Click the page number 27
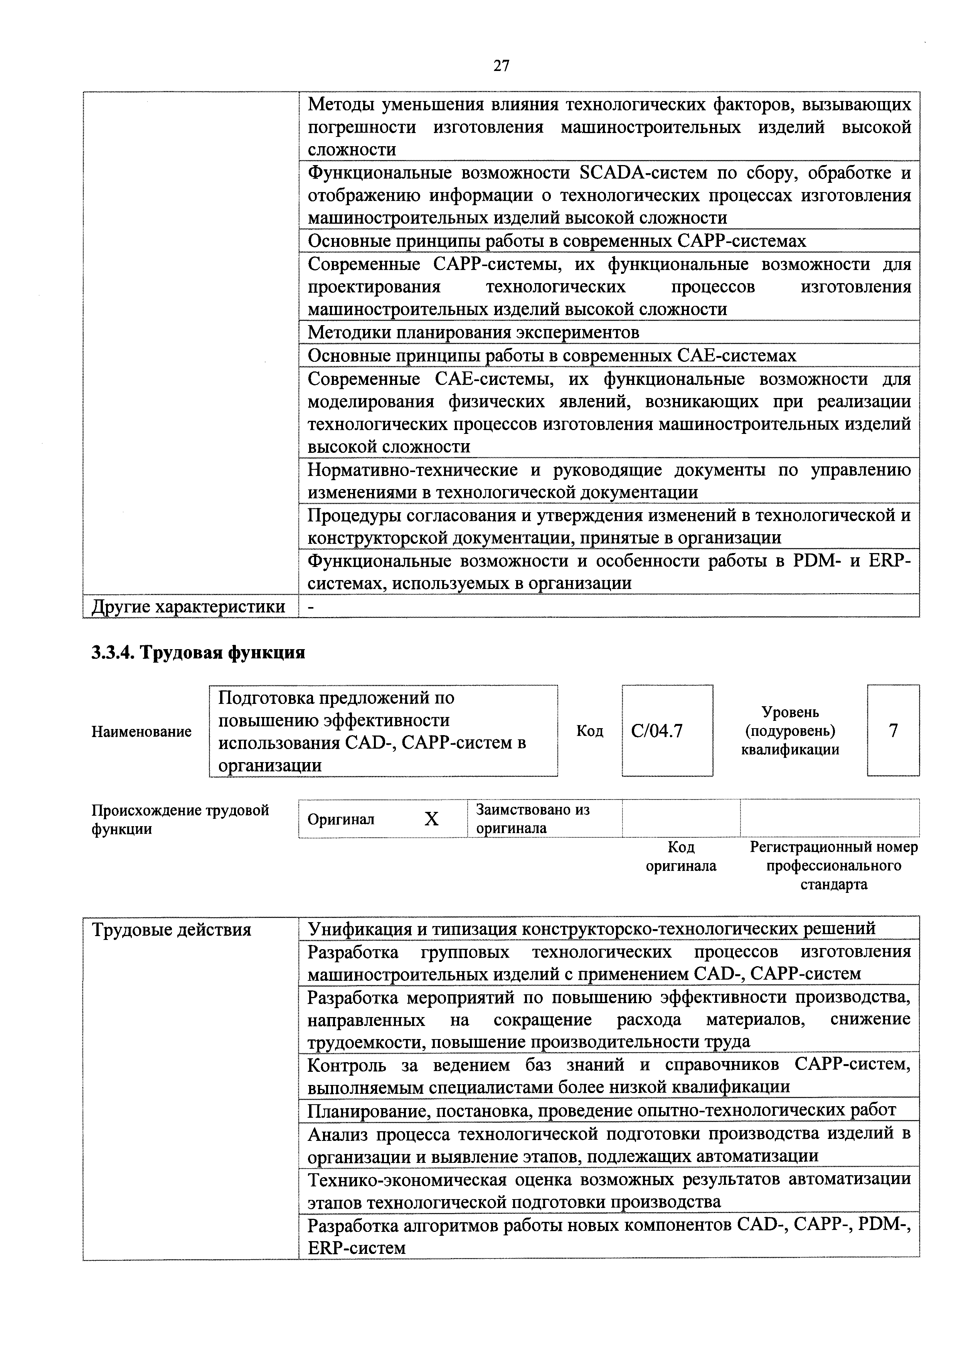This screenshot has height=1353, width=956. pos(501,66)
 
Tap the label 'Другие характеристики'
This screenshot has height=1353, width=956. pos(189,606)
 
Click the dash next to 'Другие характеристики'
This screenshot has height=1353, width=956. pos(311,606)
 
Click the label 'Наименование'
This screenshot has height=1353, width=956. pos(141,731)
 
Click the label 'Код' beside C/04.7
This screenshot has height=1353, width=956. pos(590,731)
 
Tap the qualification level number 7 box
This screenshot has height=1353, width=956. pos(893,731)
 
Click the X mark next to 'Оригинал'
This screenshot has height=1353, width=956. pos(432,818)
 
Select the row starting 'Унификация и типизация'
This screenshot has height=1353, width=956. pos(591,929)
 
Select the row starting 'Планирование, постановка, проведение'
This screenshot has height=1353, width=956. pos(601,1111)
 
